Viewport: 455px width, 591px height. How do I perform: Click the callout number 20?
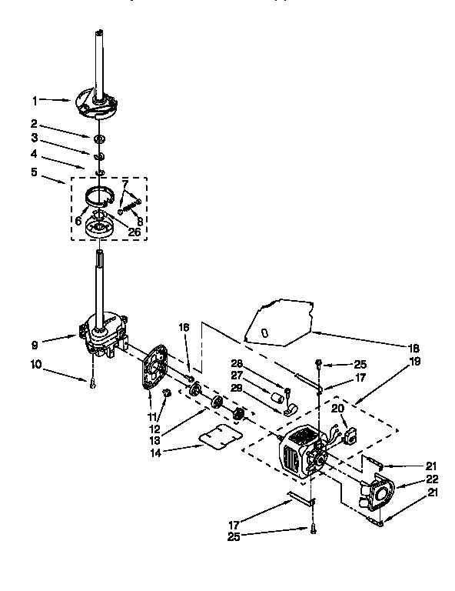point(336,409)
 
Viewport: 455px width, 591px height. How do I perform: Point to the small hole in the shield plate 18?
point(264,332)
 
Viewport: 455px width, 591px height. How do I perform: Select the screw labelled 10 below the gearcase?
point(92,382)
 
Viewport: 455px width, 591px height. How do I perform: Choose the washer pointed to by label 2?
point(100,139)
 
